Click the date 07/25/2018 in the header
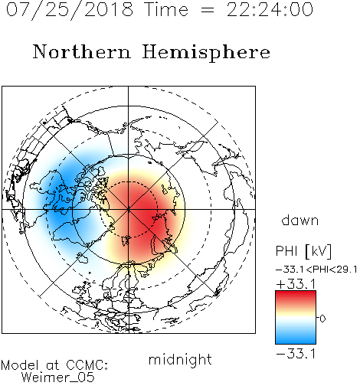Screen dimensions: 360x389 [x=70, y=10]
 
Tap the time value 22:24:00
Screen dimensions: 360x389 [x=270, y=10]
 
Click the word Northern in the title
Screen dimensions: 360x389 [x=82, y=52]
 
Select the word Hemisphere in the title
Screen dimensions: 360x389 [x=206, y=53]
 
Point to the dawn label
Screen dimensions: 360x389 [x=300, y=221]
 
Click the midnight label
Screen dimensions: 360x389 [x=180, y=360]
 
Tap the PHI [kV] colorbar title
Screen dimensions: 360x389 [x=303, y=251]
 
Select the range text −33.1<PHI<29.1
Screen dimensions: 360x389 [x=316, y=270]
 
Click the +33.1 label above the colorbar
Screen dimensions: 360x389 [x=296, y=284]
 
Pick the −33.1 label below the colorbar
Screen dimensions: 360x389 [x=296, y=354]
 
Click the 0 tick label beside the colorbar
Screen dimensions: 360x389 [x=322, y=319]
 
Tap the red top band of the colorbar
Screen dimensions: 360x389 [x=296, y=297]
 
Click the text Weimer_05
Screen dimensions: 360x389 [x=58, y=378]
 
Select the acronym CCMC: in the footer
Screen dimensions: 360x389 [x=87, y=365]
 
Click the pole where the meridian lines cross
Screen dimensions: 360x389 [x=129, y=209]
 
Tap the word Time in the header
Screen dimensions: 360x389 [x=166, y=10]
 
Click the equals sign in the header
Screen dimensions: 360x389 [x=208, y=10]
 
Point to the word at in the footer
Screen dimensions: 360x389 [x=52, y=366]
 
